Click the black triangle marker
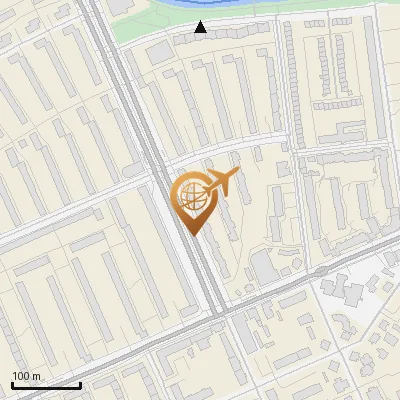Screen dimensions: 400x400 (x=201, y=28)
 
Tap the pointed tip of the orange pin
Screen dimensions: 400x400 (x=190, y=235)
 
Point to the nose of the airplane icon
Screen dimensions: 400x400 (x=237, y=174)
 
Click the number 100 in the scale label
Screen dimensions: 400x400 (x=20, y=376)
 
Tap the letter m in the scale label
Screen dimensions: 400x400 (x=35, y=376)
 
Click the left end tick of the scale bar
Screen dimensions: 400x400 (x=12, y=383)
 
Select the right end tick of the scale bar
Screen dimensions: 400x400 (x=80, y=383)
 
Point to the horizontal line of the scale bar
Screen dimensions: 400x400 (x=46, y=385)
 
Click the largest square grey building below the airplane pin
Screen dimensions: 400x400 (x=262, y=266)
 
